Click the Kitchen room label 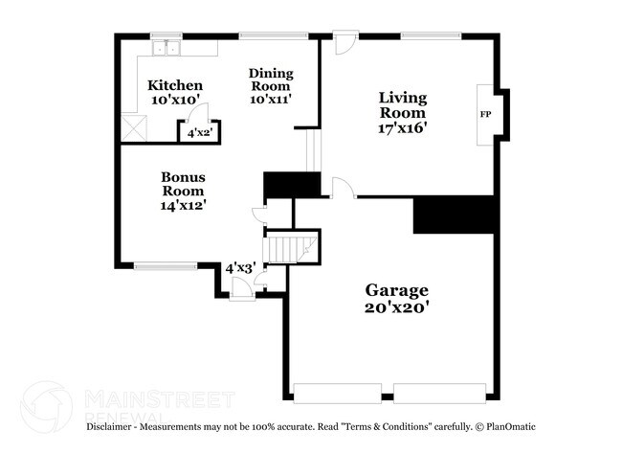click(x=176, y=85)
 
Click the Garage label click(x=396, y=290)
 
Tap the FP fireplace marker click(x=485, y=114)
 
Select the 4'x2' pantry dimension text click(x=199, y=133)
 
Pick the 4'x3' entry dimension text click(x=238, y=269)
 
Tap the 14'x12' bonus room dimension click(x=184, y=204)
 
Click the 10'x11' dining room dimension click(x=271, y=97)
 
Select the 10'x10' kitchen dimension click(x=176, y=100)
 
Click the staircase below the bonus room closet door click(x=287, y=248)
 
